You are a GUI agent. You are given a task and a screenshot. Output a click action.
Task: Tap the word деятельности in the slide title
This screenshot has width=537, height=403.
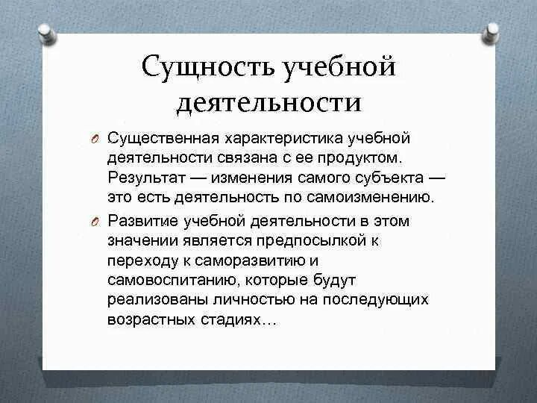pyautogui.click(x=268, y=102)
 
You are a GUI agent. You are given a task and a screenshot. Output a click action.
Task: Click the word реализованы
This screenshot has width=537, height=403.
pyautogui.click(x=155, y=299)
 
